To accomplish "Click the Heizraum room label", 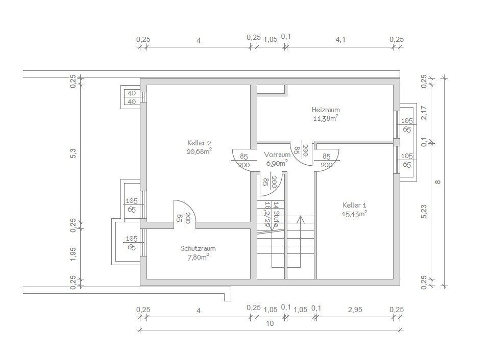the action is (x=325, y=110).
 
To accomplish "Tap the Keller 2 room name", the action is (x=199, y=143).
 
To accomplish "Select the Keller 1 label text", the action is (x=354, y=205).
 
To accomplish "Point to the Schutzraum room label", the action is (x=198, y=248).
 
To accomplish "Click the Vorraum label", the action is (x=277, y=155).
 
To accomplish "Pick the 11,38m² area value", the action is (x=326, y=118).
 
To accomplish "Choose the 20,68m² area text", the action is (x=199, y=151).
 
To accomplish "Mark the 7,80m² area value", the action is (x=198, y=257).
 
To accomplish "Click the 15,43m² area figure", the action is (x=354, y=214).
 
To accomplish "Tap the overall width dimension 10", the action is (x=270, y=323).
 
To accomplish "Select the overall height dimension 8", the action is (x=438, y=182).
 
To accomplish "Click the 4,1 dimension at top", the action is (x=340, y=40).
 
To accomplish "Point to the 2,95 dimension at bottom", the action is (x=355, y=310).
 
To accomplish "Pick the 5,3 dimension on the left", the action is (x=73, y=153).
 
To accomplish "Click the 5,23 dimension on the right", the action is (x=424, y=212).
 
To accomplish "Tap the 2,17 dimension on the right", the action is (x=424, y=113).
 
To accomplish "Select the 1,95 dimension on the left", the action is (x=73, y=254).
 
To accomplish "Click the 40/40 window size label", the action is (x=132, y=97).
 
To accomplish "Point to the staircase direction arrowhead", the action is (x=301, y=219).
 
